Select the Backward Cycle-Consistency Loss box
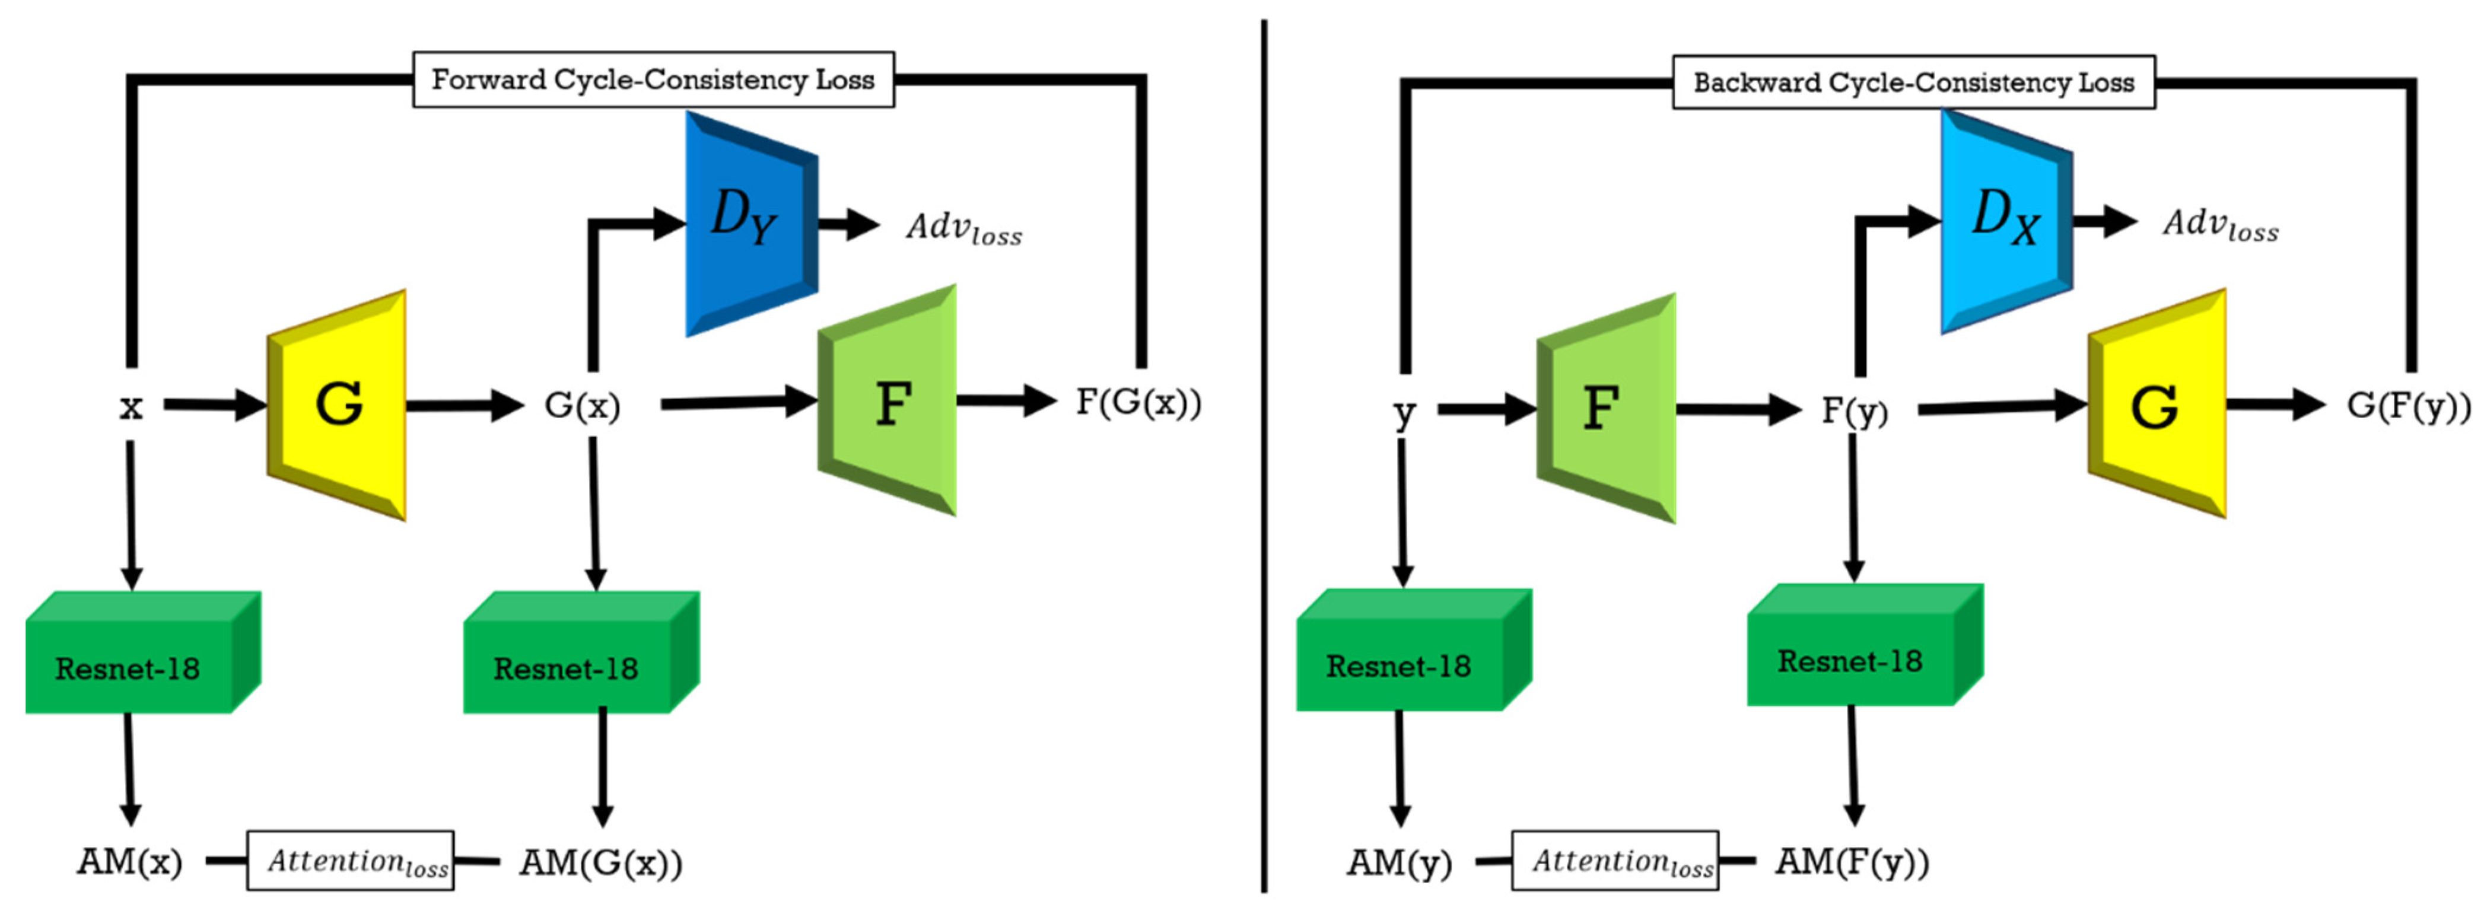click(x=1913, y=82)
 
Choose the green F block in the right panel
click(x=1605, y=408)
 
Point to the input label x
click(x=130, y=407)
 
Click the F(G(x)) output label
click(x=1139, y=402)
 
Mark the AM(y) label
click(x=1399, y=862)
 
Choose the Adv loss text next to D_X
click(x=2220, y=225)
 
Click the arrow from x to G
click(x=214, y=405)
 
